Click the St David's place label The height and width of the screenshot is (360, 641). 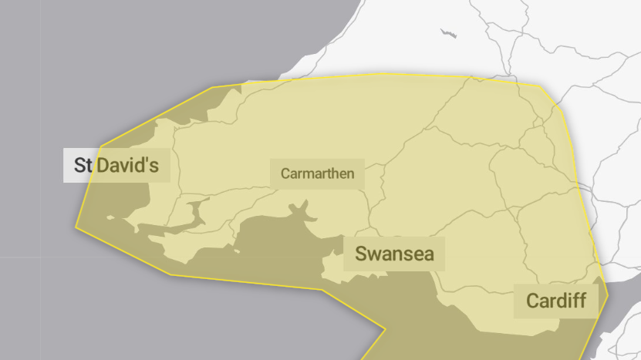116,165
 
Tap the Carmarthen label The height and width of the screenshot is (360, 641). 317,173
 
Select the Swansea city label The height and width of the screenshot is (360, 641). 394,254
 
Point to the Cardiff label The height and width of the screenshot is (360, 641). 555,301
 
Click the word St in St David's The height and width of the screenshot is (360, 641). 83,165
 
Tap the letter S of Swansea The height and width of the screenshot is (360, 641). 361,254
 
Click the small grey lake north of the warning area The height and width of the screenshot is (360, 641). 447,33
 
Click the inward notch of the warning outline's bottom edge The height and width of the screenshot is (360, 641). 385,331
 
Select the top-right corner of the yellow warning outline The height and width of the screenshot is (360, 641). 541,86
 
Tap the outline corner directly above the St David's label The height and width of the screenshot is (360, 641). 100,146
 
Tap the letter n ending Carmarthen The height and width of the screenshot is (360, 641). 350,174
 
